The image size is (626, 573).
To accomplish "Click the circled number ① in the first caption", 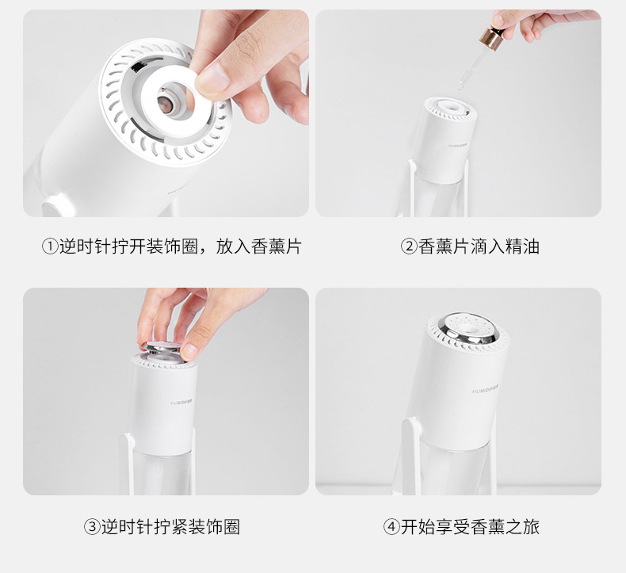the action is [x=50, y=246].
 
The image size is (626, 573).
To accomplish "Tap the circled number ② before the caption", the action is [x=409, y=246].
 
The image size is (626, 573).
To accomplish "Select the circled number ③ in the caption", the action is [x=92, y=527].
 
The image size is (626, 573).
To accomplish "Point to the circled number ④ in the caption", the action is [x=391, y=527].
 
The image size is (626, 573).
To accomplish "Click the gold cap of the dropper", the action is [x=490, y=38].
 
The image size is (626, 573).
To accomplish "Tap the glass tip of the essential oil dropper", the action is [x=461, y=85].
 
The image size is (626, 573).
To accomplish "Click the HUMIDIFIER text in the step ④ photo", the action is [x=485, y=389].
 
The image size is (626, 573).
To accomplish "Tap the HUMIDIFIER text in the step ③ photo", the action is [x=181, y=402].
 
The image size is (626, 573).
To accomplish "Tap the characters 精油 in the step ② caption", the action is [x=522, y=246].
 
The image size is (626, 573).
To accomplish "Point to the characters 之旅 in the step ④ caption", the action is [x=522, y=527].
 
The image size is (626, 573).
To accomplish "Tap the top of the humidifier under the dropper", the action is [x=452, y=108].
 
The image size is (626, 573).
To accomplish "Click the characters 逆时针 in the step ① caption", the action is [x=86, y=246].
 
